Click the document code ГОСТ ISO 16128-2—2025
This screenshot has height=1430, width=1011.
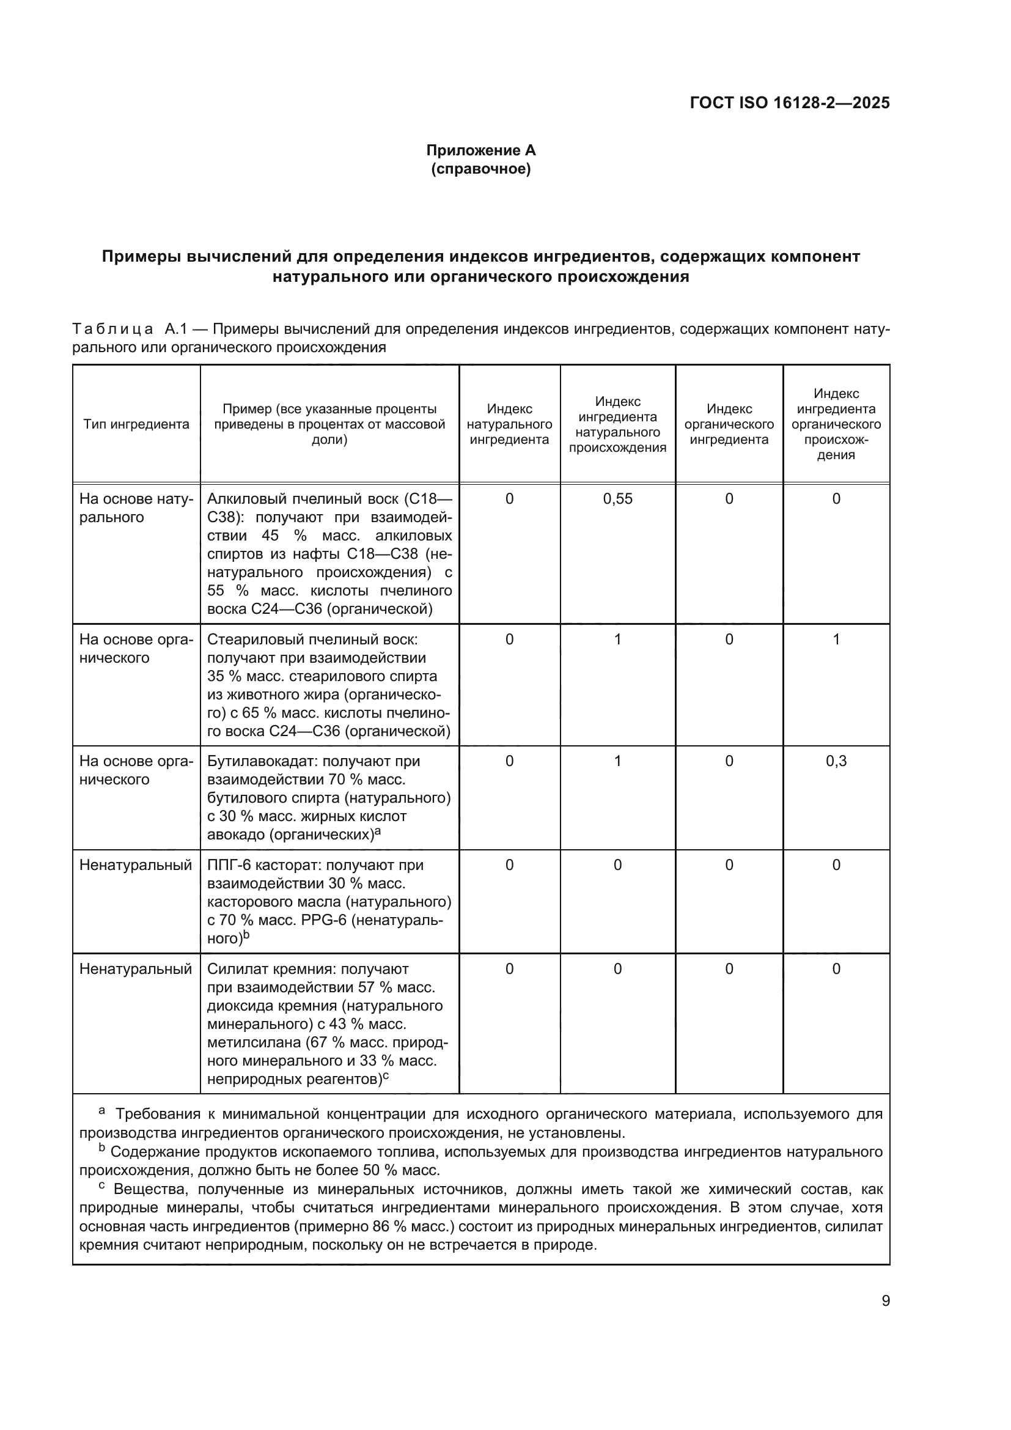[789, 103]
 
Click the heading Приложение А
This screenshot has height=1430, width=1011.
[480, 150]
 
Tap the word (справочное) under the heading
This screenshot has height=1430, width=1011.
[480, 169]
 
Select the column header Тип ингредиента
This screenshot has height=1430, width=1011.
[136, 424]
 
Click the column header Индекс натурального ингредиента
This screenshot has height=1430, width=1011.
[509, 424]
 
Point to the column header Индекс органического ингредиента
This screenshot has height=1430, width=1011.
[729, 424]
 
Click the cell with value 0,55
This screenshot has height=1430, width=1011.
[617, 499]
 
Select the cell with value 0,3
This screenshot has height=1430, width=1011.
[836, 761]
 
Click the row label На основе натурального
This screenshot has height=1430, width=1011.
[136, 508]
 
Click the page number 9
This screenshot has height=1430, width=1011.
[885, 1301]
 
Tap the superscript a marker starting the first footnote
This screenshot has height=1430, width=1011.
[102, 1110]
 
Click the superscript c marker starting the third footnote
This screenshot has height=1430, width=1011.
[102, 1187]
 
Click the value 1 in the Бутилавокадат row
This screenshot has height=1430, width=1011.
[617, 761]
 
